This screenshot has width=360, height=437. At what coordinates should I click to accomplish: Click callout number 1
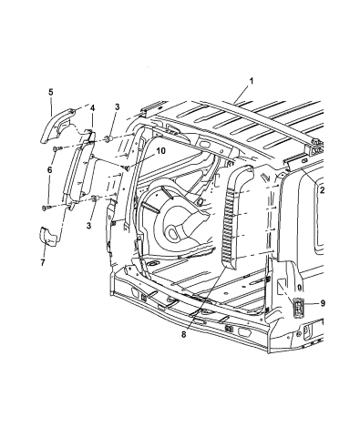(x=252, y=81)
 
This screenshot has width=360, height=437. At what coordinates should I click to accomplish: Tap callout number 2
(x=322, y=190)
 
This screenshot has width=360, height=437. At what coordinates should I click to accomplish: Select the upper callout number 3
(x=117, y=107)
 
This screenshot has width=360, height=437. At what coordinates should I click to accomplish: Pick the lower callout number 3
(x=88, y=226)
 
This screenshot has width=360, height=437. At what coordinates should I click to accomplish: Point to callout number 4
(x=92, y=108)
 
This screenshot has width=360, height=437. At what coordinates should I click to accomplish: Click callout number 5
(x=51, y=92)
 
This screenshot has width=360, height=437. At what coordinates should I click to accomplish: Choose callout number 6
(x=49, y=170)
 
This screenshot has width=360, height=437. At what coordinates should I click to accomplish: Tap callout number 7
(x=43, y=262)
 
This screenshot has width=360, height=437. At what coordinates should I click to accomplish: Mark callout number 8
(x=183, y=334)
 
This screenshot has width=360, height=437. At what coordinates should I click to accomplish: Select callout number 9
(x=323, y=303)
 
